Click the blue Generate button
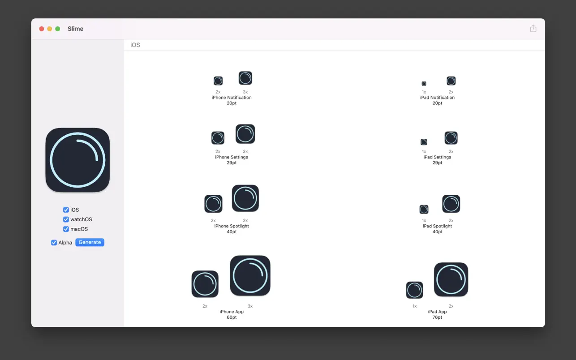(90, 242)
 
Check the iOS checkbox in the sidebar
(66, 210)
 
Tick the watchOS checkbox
(66, 219)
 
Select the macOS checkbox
(66, 229)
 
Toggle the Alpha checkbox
(54, 243)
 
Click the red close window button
(41, 29)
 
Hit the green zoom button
(58, 29)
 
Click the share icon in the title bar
(533, 28)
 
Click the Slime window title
(75, 29)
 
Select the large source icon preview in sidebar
(77, 160)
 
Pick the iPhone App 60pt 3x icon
(250, 275)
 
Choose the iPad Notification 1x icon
(424, 84)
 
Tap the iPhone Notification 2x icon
(218, 81)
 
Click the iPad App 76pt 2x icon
(451, 279)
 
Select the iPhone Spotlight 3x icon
(245, 198)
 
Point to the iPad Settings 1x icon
(424, 142)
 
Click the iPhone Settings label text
(232, 157)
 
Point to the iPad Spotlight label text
(437, 226)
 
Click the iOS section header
(135, 45)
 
